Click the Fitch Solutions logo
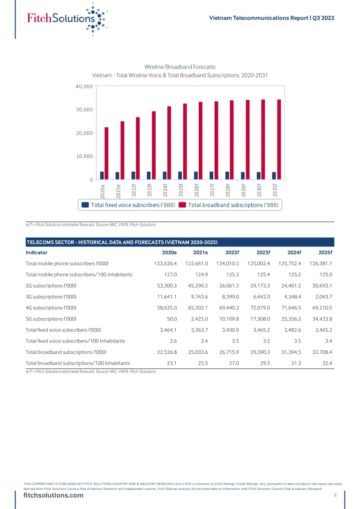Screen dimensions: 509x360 [66, 18]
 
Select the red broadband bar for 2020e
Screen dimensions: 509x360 [106, 153]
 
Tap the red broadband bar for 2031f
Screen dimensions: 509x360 [279, 139]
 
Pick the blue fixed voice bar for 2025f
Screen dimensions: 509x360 [180, 175]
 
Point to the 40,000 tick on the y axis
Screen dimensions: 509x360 [84, 86]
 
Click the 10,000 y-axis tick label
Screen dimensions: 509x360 [84, 156]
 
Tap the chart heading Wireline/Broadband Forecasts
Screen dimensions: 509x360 [180, 67]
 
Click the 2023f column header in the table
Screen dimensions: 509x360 [263, 252]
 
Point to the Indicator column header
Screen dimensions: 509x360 [37, 252]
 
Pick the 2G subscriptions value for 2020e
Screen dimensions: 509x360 [165, 285]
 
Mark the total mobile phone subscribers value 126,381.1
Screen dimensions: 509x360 [321, 263]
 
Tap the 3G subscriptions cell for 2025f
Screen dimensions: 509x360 [322, 297]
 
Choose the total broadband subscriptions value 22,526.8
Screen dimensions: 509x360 [165, 352]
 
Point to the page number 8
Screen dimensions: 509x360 [335, 495]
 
